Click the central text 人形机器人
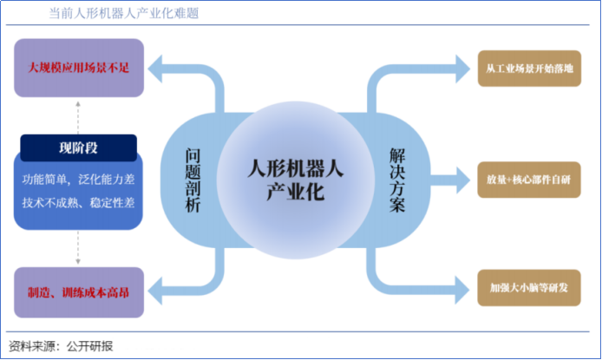pos(295,166)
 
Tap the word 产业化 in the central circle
pos(295,192)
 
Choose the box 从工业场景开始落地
pos(528,67)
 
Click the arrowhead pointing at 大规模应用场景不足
pos(156,67)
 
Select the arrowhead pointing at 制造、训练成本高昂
pos(156,287)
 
